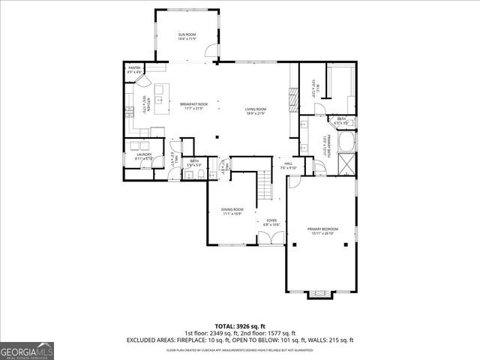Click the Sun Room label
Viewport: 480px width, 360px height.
pos(187,37)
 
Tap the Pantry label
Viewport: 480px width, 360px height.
pos(134,70)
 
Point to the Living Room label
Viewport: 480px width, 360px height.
pos(256,111)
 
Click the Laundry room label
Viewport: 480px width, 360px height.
pos(144,157)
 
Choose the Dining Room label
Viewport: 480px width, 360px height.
pos(232,211)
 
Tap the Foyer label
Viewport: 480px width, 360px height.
pos(271,223)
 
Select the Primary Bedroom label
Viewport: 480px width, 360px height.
pos(324,231)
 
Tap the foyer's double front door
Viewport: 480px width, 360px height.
pos(271,238)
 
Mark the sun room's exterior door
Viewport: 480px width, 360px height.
pos(214,54)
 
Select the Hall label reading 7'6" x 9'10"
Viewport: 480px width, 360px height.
pos(288,166)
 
